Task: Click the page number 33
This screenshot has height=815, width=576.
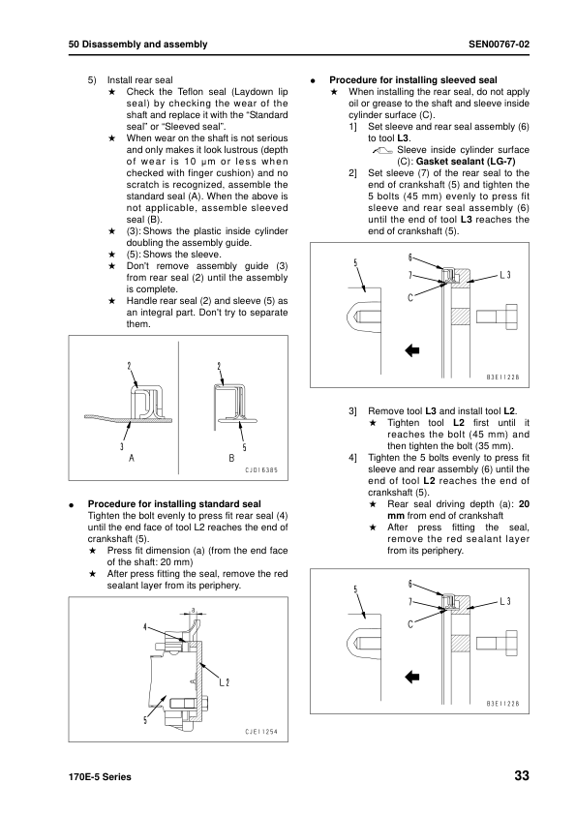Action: [522, 777]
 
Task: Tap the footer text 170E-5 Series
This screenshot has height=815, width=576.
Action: [100, 778]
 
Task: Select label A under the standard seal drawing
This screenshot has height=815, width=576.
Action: [131, 457]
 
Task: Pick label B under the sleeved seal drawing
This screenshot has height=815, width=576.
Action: [231, 457]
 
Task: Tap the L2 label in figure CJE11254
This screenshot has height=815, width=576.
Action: [224, 681]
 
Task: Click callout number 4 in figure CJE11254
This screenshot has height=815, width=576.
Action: [145, 627]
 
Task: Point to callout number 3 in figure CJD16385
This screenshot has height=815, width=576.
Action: [121, 446]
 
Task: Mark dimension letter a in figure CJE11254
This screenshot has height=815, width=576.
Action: [194, 610]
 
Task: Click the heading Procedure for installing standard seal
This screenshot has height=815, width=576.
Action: [174, 504]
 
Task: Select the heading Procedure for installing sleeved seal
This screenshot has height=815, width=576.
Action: [413, 79]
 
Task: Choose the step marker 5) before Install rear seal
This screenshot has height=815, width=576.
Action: [93, 79]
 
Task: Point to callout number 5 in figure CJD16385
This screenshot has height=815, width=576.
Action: [243, 446]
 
